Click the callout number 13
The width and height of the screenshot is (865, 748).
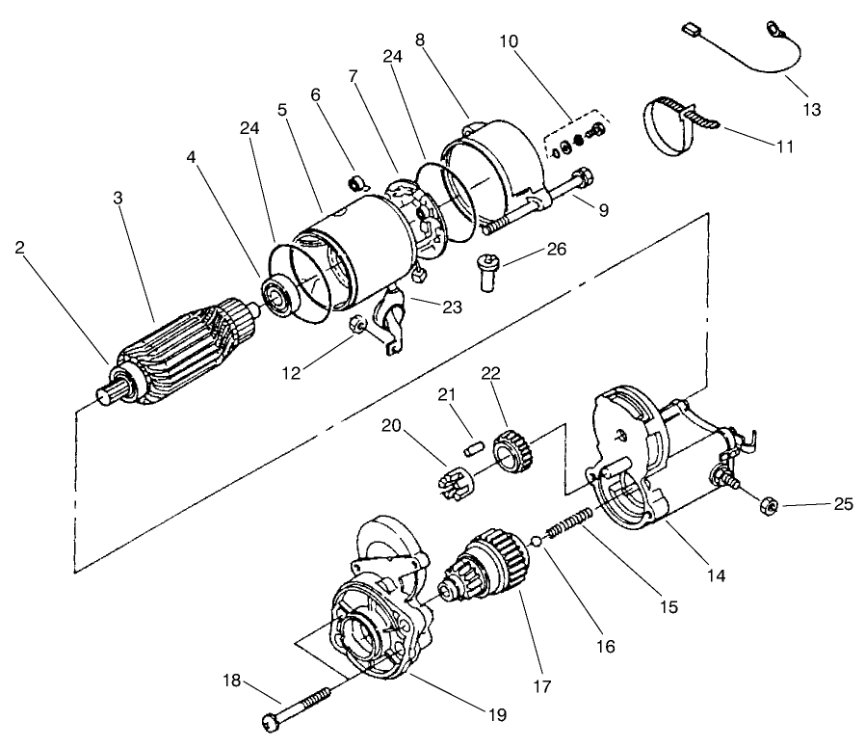click(811, 109)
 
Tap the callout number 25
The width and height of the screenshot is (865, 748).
click(843, 504)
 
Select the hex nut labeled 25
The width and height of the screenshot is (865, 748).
click(769, 504)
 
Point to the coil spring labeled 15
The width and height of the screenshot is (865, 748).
click(569, 521)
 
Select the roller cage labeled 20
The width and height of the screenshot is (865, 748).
click(452, 483)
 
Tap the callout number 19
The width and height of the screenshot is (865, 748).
click(497, 715)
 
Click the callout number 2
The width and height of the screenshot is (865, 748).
click(20, 248)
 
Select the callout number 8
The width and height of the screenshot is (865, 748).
click(420, 40)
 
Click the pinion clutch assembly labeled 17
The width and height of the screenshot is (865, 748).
click(483, 564)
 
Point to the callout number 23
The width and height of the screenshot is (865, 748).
click(453, 307)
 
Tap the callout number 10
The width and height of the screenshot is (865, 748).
click(510, 41)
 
